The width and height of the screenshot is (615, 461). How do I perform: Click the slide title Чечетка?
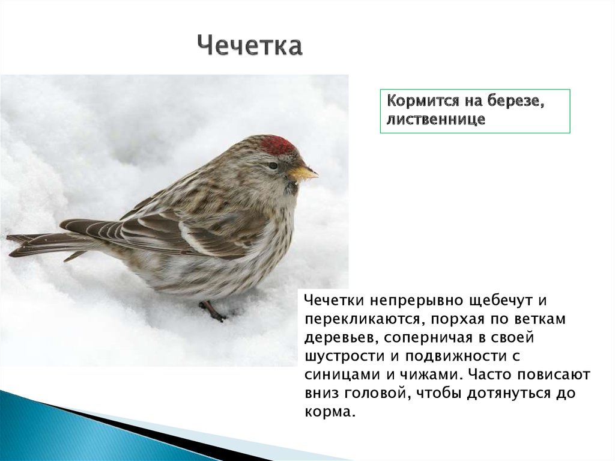click(249, 46)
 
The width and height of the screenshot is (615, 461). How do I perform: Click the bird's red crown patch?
click(277, 145)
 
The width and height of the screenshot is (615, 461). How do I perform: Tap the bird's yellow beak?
click(303, 173)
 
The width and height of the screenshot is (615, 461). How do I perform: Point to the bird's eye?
click(273, 165)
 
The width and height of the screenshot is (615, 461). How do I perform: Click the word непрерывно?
click(416, 299)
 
